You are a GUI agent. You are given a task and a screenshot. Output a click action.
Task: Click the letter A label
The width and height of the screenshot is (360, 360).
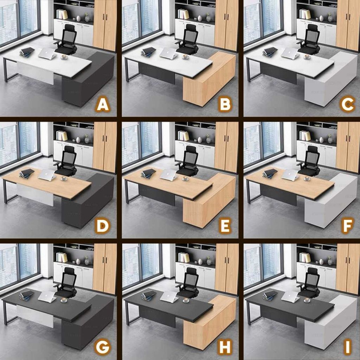click(103, 105)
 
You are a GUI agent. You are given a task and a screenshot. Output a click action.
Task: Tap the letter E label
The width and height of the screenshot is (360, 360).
click(225, 226)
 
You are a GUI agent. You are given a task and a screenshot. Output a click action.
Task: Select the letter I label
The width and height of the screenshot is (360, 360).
click(348, 347)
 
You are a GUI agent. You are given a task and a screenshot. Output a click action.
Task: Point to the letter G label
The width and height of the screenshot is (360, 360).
click(103, 347)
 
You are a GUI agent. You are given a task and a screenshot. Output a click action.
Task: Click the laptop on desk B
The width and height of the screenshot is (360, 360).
click(168, 53)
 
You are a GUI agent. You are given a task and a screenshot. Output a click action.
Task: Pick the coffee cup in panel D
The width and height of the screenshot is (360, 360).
click(64, 178)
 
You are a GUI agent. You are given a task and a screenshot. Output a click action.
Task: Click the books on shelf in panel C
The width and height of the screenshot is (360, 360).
click(305, 14)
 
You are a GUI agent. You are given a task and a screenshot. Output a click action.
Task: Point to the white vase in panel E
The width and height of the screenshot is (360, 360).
click(200, 140)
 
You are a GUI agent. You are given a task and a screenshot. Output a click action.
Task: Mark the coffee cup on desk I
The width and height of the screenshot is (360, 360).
click(307, 300)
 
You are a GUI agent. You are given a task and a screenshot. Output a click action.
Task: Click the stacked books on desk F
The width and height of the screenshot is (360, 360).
click(270, 174)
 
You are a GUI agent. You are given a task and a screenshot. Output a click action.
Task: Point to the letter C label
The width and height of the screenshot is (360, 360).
click(348, 105)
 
